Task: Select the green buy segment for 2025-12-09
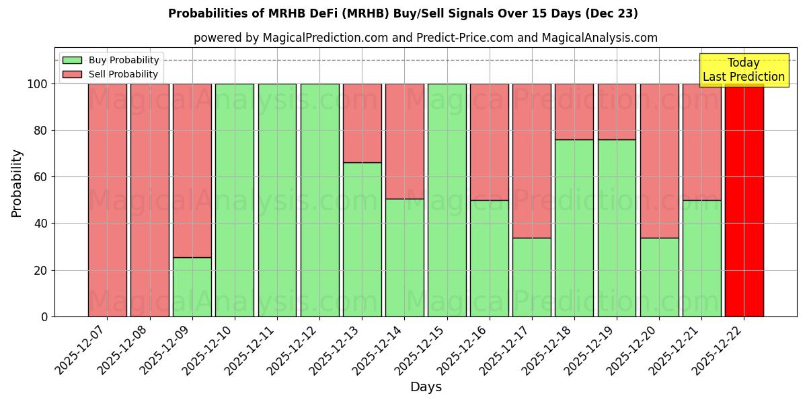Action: click(x=192, y=287)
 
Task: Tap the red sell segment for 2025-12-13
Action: click(x=362, y=123)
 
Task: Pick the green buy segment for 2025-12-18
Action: click(x=574, y=228)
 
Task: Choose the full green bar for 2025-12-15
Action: click(x=447, y=200)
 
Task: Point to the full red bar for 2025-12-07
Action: click(x=108, y=200)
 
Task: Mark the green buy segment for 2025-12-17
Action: click(x=532, y=277)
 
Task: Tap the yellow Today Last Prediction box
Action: click(x=744, y=70)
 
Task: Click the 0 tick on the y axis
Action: click(x=44, y=316)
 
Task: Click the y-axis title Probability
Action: click(x=17, y=182)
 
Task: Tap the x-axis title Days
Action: click(x=426, y=387)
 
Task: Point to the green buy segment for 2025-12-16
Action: click(x=490, y=258)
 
